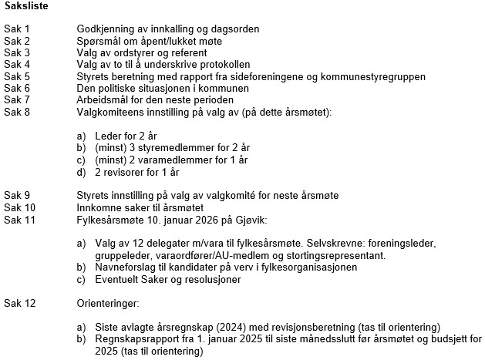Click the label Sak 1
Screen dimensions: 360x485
point(16,29)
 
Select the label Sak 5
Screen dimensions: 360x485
point(16,76)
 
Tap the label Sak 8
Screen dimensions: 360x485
point(16,112)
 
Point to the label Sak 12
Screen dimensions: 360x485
point(19,303)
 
